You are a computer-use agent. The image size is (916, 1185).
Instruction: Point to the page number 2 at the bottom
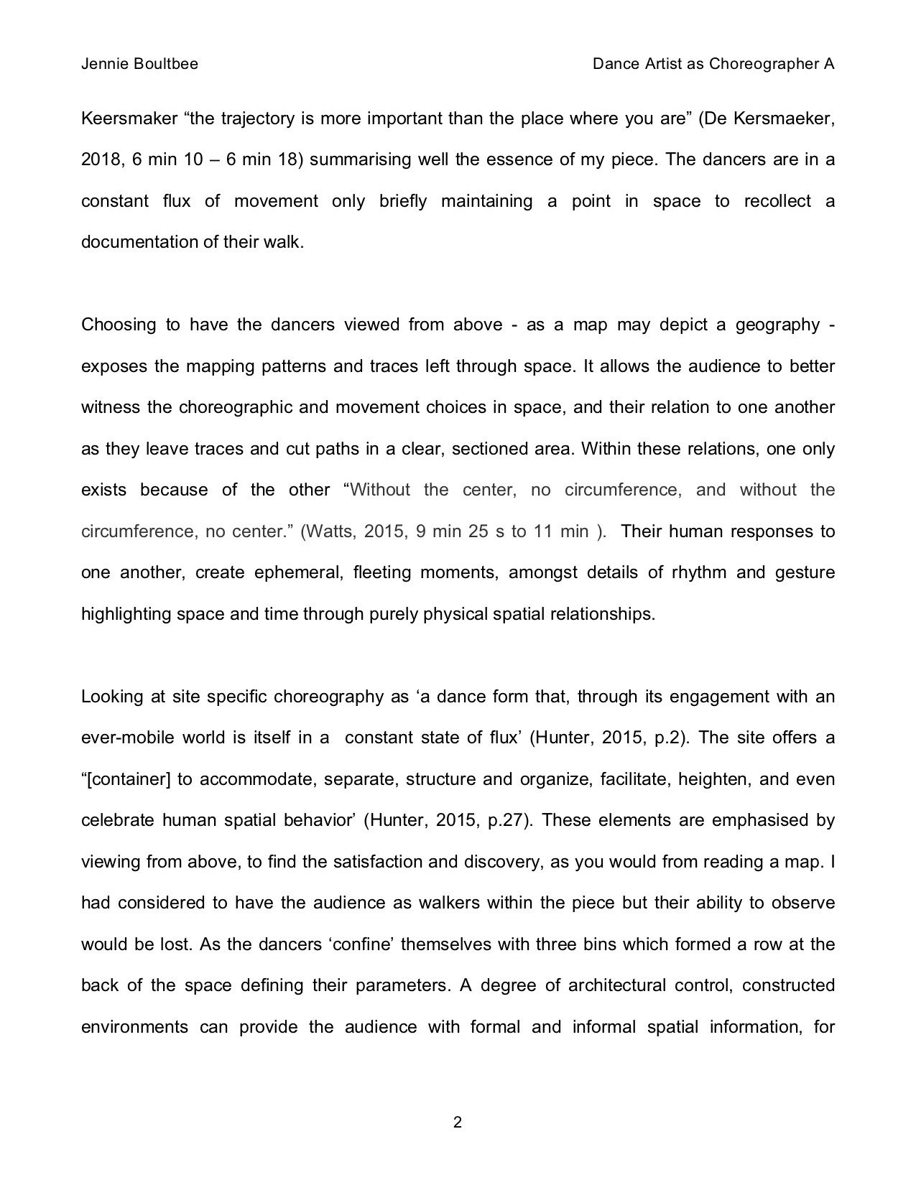coord(458,1122)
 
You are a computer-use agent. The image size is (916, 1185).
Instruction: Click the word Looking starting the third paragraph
coord(110,697)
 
